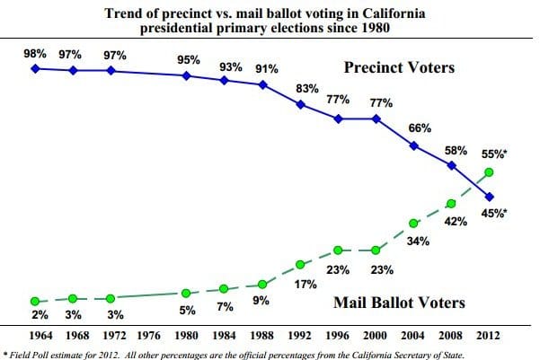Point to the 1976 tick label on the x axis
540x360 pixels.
149,335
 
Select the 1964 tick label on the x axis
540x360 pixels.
34,335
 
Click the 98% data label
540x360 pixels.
35,54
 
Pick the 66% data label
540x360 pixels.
420,128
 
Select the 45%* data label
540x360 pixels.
492,213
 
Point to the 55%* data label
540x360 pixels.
493,154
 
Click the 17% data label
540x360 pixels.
305,285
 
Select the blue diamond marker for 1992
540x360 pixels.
300,104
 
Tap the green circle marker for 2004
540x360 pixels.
414,224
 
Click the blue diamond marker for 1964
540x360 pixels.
34,68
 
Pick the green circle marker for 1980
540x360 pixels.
186,293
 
